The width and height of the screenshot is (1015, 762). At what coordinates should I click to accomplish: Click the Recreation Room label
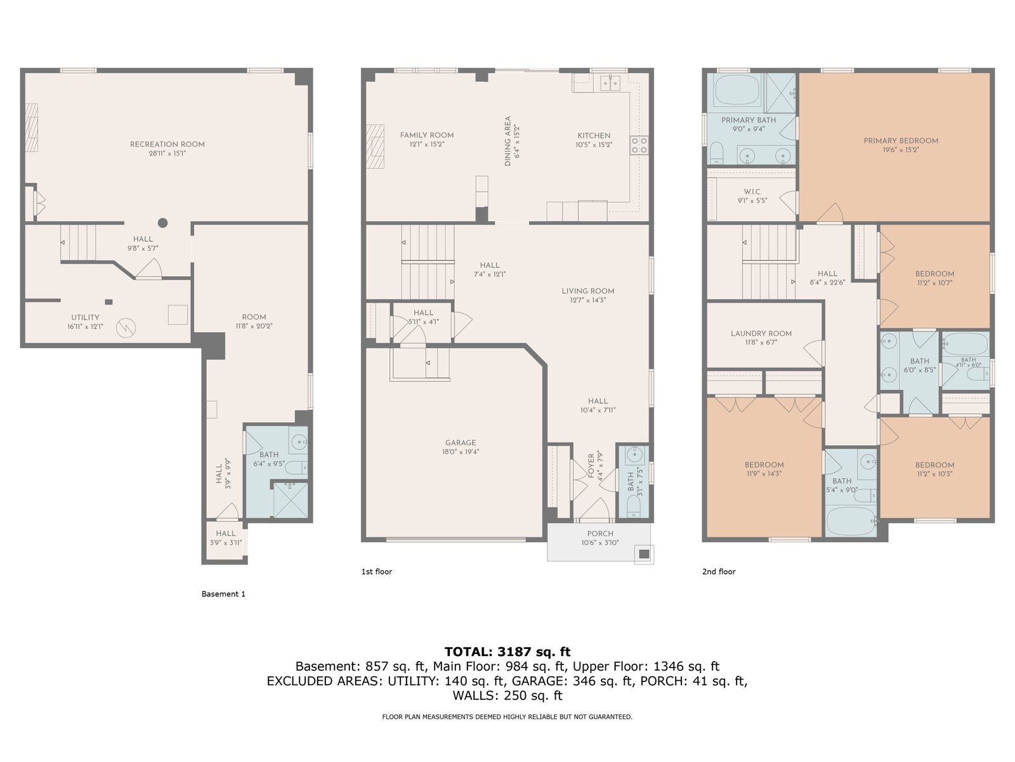pyautogui.click(x=167, y=144)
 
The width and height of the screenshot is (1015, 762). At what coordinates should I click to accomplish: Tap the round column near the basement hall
pyautogui.click(x=163, y=223)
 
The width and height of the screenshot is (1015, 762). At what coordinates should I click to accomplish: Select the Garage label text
pyautogui.click(x=461, y=443)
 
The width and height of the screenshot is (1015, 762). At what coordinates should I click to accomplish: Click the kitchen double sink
pyautogui.click(x=610, y=83)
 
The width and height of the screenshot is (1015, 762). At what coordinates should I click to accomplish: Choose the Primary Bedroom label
pyautogui.click(x=901, y=140)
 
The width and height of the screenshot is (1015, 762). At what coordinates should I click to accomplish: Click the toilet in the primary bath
pyautogui.click(x=716, y=153)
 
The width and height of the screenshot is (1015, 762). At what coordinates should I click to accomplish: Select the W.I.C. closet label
pyautogui.click(x=753, y=192)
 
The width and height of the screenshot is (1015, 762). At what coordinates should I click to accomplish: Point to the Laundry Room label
pyautogui.click(x=761, y=333)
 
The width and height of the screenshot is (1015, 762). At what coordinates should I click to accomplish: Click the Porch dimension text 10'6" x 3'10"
pyautogui.click(x=600, y=543)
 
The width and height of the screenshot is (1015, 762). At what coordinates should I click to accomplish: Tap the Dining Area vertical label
pyautogui.click(x=507, y=141)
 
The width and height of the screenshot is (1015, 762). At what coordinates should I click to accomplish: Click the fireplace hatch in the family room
pyautogui.click(x=376, y=147)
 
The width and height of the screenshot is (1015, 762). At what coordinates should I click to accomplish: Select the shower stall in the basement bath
pyautogui.click(x=291, y=500)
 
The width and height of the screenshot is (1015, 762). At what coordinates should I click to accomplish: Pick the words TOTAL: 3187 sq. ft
pyautogui.click(x=507, y=652)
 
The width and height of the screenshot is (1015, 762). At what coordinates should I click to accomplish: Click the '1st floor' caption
pyautogui.click(x=376, y=571)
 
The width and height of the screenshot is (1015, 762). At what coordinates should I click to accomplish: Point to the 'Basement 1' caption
pyautogui.click(x=223, y=594)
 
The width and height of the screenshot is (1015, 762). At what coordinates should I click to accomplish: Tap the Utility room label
pyautogui.click(x=85, y=317)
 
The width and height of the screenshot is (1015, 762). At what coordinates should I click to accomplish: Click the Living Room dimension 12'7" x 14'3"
pyautogui.click(x=587, y=300)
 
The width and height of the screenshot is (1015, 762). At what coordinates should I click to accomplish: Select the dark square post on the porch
pyautogui.click(x=644, y=554)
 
